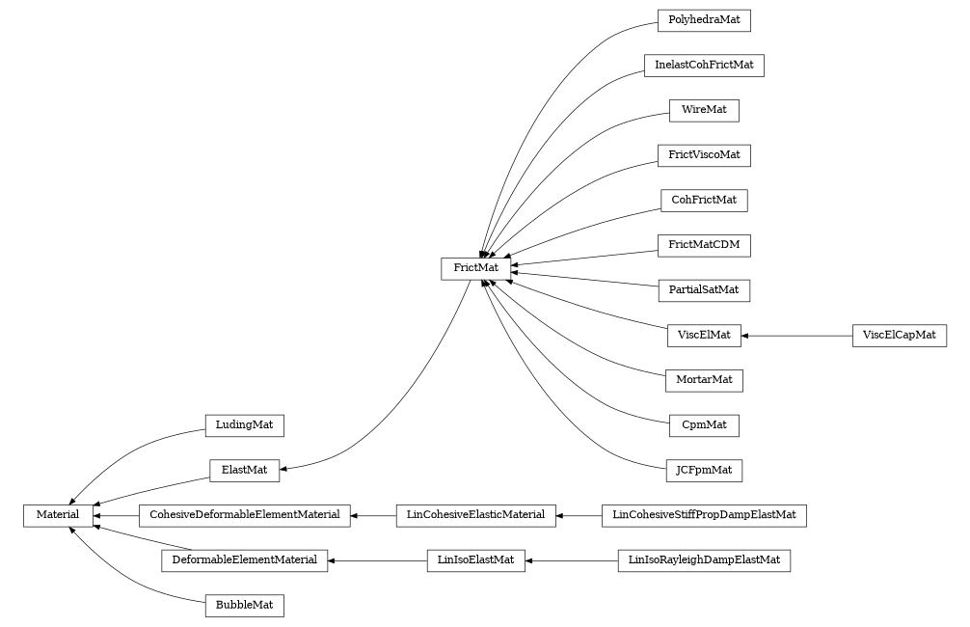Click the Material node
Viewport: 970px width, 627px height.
[x=58, y=516]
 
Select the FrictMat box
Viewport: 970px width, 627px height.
[x=475, y=266]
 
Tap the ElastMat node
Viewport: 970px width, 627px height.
[x=244, y=471]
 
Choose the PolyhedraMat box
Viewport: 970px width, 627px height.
[x=703, y=20]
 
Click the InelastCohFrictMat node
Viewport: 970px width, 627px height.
[x=703, y=66]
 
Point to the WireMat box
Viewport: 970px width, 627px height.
[x=703, y=111]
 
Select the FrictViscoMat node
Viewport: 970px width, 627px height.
[x=703, y=155]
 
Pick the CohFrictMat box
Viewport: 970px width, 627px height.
[x=703, y=201]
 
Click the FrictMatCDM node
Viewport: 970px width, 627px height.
[x=703, y=245]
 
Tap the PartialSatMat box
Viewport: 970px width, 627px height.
[x=703, y=290]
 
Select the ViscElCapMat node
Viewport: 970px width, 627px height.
[x=899, y=336]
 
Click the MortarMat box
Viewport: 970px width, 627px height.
[x=703, y=380]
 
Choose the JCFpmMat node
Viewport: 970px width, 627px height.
[x=703, y=471]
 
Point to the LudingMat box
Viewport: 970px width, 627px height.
[x=244, y=425]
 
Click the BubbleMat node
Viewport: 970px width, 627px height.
[x=244, y=606]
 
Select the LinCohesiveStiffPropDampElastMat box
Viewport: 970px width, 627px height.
[x=703, y=516]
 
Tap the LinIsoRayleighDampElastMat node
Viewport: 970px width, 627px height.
[x=703, y=560]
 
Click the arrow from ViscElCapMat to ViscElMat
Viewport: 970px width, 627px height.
[x=796, y=336]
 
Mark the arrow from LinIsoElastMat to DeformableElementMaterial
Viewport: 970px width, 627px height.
[x=377, y=560]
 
